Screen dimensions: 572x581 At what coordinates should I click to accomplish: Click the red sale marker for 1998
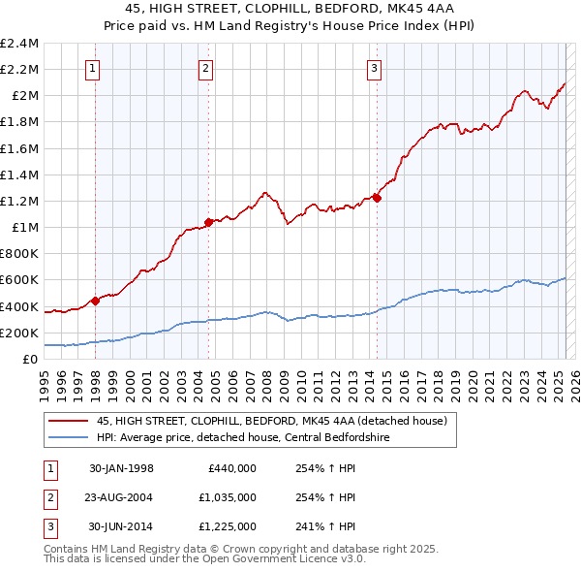coord(95,301)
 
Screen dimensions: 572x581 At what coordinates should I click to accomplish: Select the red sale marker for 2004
coord(208,222)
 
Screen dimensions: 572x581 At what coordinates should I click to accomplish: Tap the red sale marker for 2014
coord(377,198)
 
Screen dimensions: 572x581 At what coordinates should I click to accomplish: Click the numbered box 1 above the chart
coord(93,68)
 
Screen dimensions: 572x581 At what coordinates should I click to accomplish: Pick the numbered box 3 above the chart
coord(374,68)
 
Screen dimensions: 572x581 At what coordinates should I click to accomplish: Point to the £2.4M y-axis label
coord(19,44)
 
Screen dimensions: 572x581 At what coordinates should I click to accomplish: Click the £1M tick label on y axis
coord(24,227)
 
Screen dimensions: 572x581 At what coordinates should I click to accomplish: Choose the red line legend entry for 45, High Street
coord(271,422)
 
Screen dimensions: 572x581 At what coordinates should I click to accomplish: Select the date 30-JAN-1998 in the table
coord(121,468)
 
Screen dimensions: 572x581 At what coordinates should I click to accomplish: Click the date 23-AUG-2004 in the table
coord(121,497)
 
